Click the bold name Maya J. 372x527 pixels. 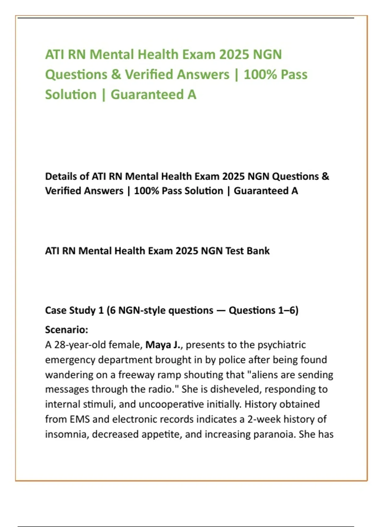(x=163, y=345)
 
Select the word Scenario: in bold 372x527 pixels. (x=67, y=330)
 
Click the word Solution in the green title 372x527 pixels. (x=71, y=95)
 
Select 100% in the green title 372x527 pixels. (x=260, y=74)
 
